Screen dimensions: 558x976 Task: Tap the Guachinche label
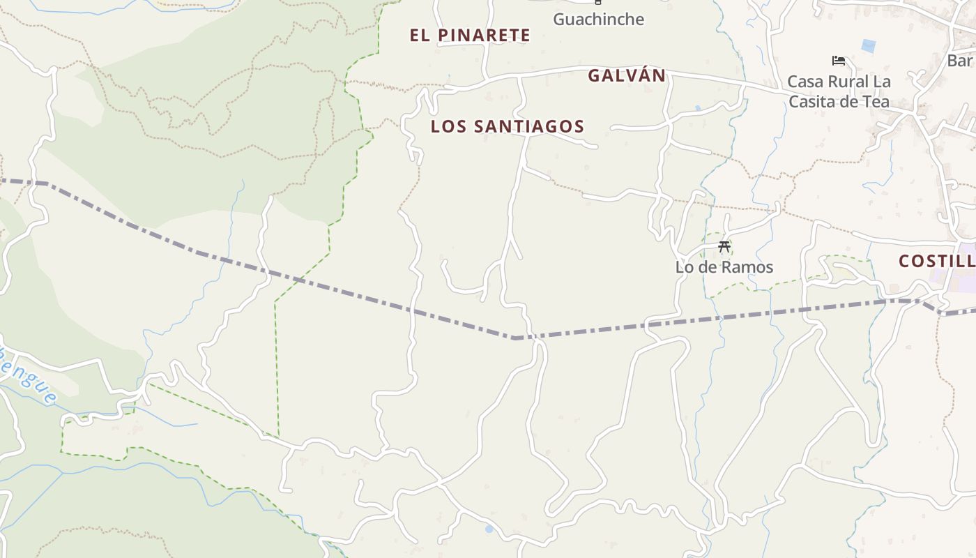click(598, 19)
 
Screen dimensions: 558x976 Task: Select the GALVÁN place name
click(627, 75)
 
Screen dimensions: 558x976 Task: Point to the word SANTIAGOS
click(529, 126)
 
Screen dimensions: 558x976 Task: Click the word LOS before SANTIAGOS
click(445, 126)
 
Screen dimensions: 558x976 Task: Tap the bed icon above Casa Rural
click(839, 61)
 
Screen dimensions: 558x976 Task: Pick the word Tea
click(876, 101)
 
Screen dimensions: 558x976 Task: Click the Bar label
click(960, 61)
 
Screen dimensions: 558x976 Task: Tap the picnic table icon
click(724, 246)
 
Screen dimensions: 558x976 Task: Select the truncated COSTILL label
click(936, 262)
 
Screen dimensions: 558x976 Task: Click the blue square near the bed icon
click(868, 46)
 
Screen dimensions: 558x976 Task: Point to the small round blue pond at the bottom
click(489, 529)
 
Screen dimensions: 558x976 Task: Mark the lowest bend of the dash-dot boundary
click(514, 338)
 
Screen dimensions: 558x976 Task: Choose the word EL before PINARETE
click(420, 35)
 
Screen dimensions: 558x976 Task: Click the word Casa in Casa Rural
click(805, 82)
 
